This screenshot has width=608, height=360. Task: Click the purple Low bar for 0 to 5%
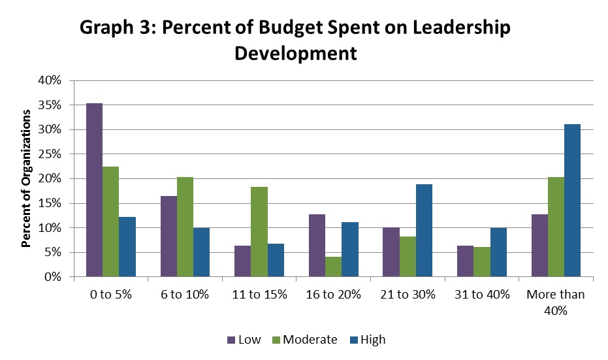[94, 190]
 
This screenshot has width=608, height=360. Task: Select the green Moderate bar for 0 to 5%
[110, 221]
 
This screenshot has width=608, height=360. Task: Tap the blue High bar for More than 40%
[572, 201]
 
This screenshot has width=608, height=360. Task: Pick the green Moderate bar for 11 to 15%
[259, 232]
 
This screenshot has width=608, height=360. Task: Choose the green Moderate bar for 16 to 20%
[333, 267]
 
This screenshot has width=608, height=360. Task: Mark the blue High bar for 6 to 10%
[201, 252]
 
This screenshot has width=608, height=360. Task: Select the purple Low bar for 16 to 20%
[317, 246]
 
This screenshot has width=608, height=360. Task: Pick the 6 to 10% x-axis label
[185, 295]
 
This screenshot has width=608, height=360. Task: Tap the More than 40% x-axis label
[555, 301]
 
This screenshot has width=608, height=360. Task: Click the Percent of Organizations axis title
[27, 178]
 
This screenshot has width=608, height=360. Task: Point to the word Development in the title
[296, 53]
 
